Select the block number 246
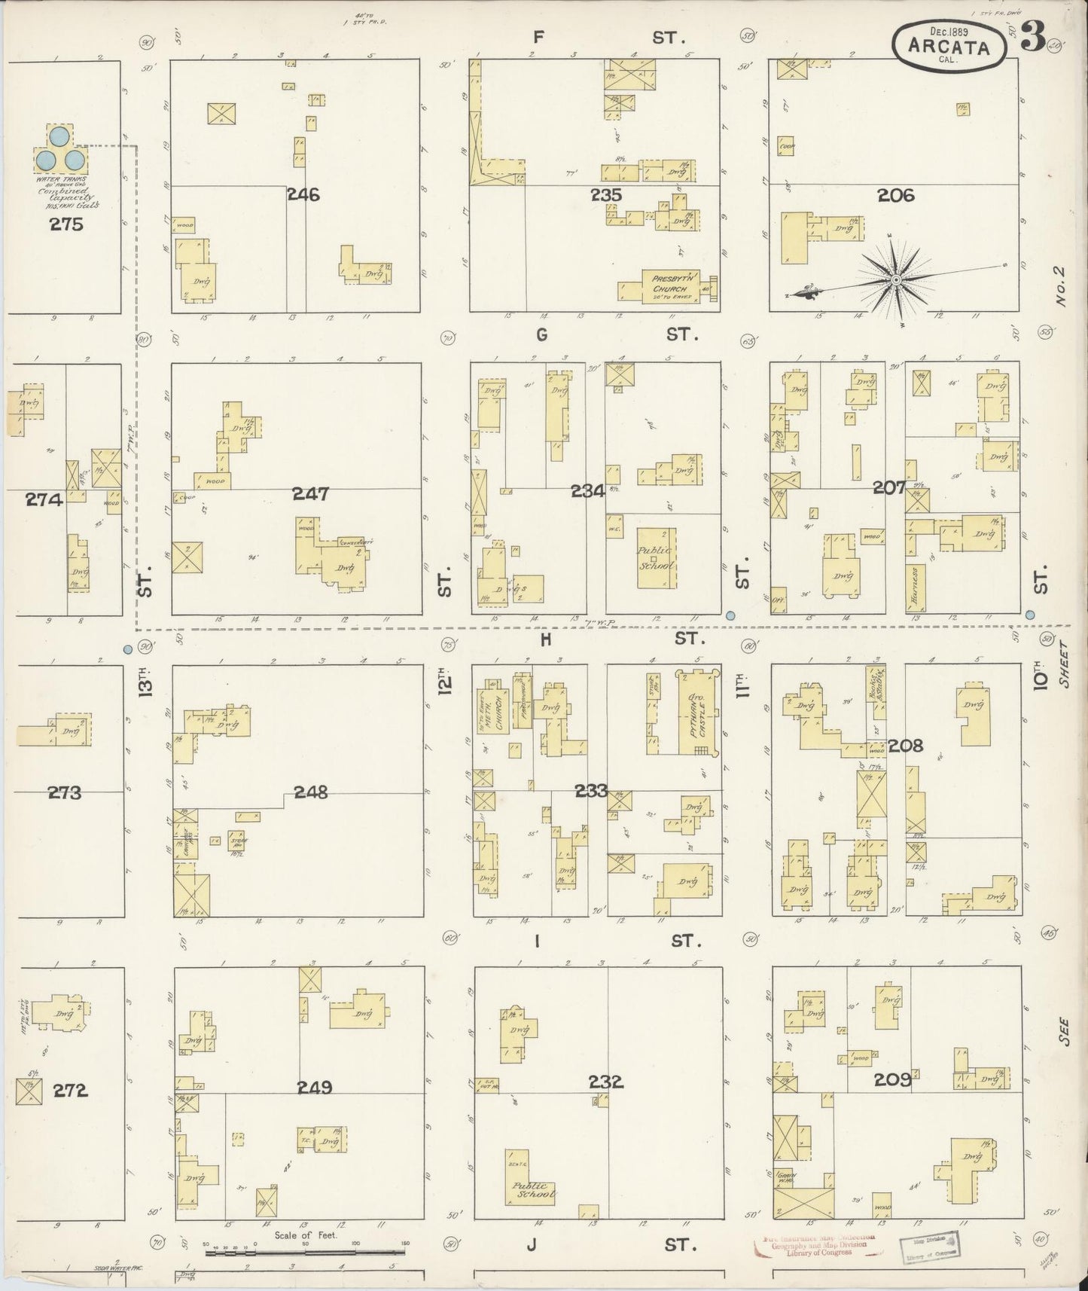tap(303, 195)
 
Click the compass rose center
tap(896, 280)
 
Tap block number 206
tap(895, 196)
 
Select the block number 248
tap(312, 792)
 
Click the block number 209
tap(892, 1080)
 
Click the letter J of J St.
tap(532, 1244)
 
